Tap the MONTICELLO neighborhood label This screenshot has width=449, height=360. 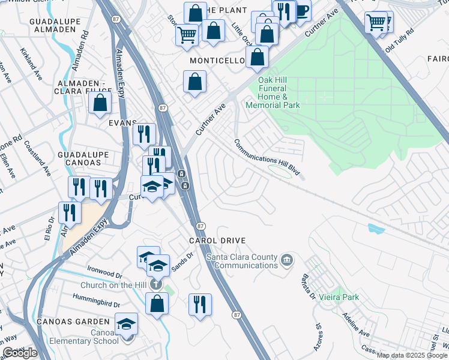click(x=217, y=61)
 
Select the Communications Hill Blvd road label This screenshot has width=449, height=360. click(x=267, y=160)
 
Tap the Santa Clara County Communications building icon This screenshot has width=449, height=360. click(x=287, y=259)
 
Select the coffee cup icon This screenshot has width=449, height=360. click(x=301, y=11)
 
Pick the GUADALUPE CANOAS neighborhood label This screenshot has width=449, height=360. click(x=83, y=158)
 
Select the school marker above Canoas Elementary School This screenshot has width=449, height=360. click(x=127, y=325)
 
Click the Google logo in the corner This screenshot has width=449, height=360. click(x=20, y=353)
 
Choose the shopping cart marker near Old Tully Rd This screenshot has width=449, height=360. click(x=376, y=23)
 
